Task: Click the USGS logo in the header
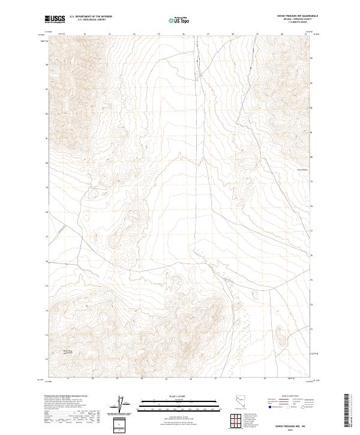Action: [x=55, y=20]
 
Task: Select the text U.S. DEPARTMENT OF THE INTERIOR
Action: [x=91, y=17]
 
